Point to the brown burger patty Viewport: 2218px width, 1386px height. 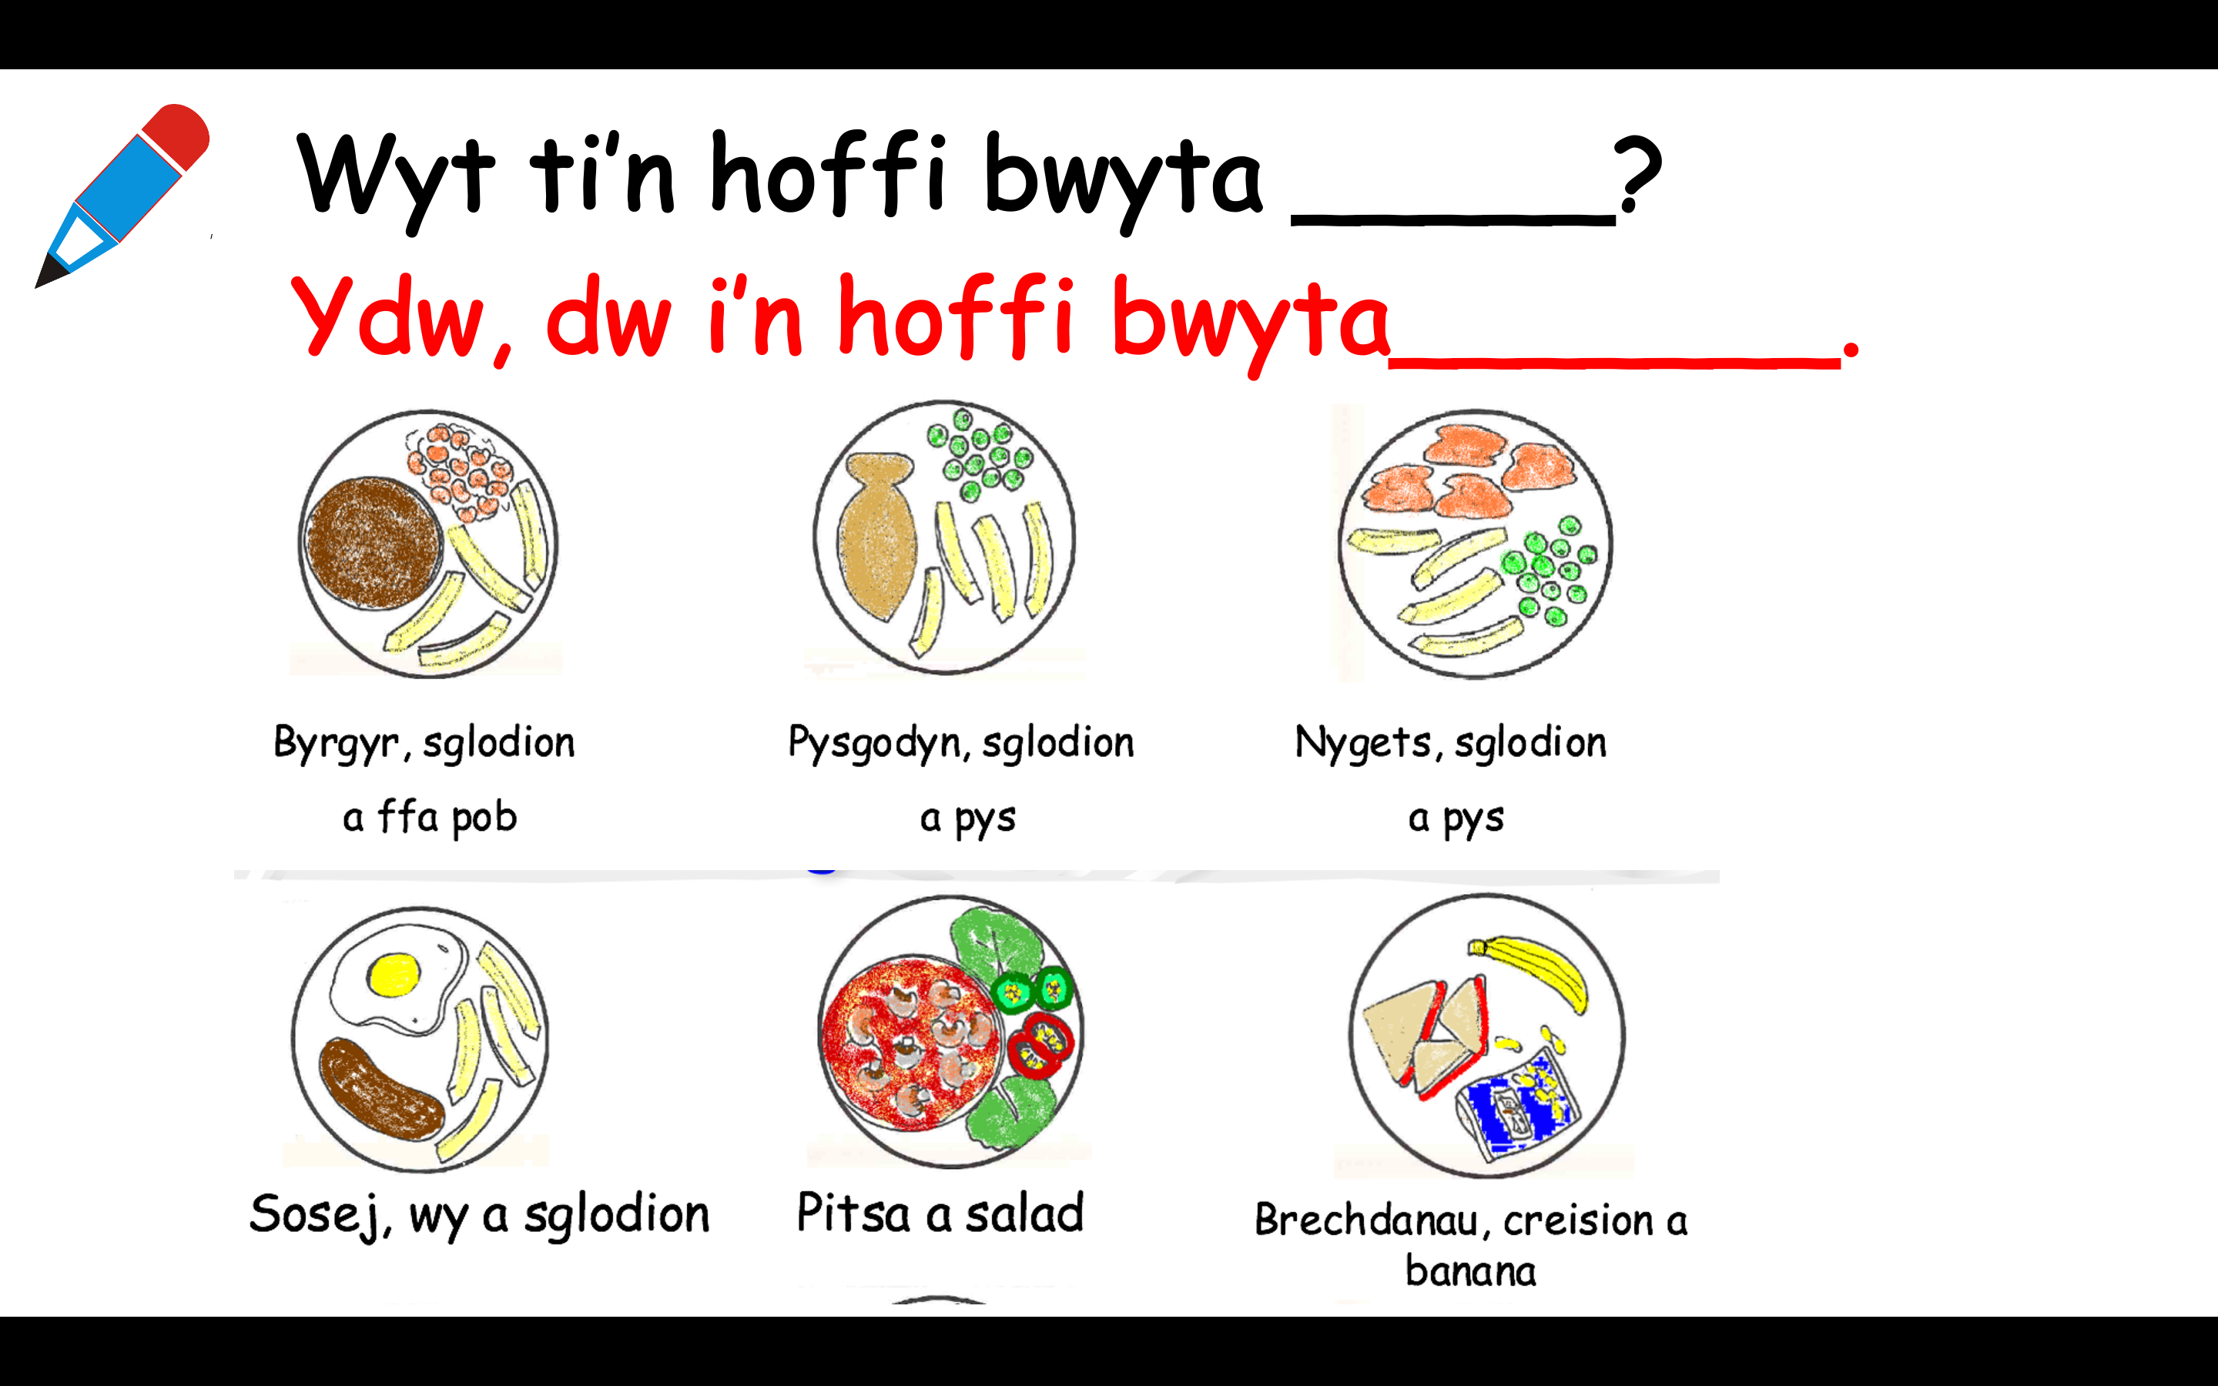(374, 543)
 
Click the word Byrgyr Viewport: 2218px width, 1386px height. (337, 743)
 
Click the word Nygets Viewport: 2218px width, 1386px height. (1363, 743)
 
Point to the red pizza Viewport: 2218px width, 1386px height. (910, 1043)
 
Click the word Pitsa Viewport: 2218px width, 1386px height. (853, 1213)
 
